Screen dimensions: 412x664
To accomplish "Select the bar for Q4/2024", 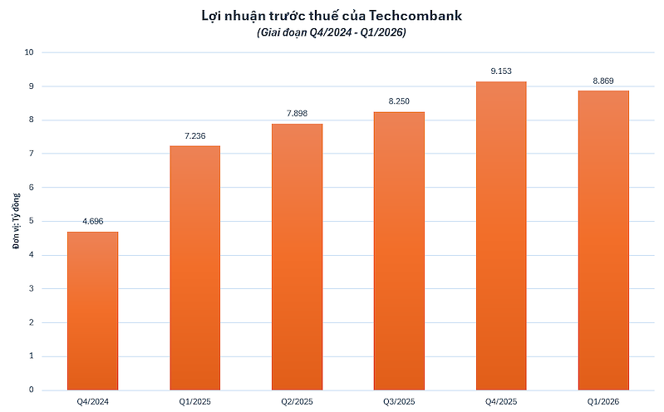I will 92,311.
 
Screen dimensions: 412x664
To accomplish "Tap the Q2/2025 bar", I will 297,257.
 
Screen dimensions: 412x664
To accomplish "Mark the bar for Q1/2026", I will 603,240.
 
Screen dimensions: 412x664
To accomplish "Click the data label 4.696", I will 92,222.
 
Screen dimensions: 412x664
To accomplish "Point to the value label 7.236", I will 194,135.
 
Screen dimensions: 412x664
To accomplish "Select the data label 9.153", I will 501,71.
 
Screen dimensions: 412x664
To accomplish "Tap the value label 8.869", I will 603,81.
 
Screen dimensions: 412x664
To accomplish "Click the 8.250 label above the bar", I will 399,101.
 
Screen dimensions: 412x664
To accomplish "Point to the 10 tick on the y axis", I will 29,52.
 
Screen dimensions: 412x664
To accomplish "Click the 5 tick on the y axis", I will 31,221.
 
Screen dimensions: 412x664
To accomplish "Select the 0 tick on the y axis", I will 31,390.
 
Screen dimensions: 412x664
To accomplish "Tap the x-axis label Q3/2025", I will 399,402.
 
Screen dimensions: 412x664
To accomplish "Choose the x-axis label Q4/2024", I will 92,402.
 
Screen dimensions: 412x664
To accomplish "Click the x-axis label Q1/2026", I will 603,402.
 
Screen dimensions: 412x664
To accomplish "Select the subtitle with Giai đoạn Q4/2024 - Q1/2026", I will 332,32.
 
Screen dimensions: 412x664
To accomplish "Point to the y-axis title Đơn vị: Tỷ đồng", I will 15,221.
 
